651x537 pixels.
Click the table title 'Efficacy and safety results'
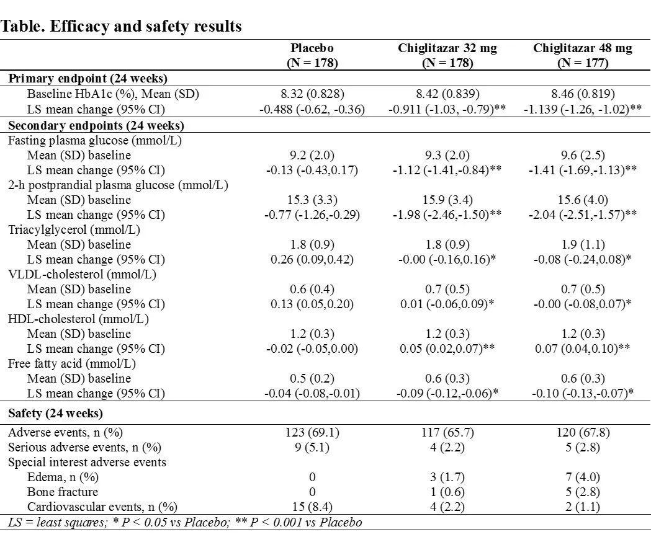pos(122,27)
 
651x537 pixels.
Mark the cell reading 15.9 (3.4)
pos(447,200)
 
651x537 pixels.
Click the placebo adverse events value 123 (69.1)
pos(312,433)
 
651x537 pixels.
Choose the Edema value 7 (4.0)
pos(583,477)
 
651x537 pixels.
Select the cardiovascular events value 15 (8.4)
pos(312,507)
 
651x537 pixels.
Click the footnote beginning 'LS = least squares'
pos(181,522)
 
